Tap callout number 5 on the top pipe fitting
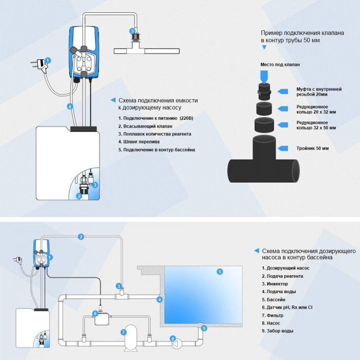pyautogui.click(x=133, y=30)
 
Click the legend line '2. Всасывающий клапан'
pyautogui.click(x=145, y=126)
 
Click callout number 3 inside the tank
pyautogui.click(x=95, y=184)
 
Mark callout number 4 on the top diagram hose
pyautogui.click(x=70, y=106)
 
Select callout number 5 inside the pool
pyautogui.click(x=220, y=272)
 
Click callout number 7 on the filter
pyautogui.click(x=123, y=332)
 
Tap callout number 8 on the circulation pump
pyautogui.click(x=173, y=338)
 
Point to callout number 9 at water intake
pyautogui.click(x=204, y=328)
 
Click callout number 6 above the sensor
pyautogui.click(x=95, y=313)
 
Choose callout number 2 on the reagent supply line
pyautogui.click(x=81, y=237)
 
